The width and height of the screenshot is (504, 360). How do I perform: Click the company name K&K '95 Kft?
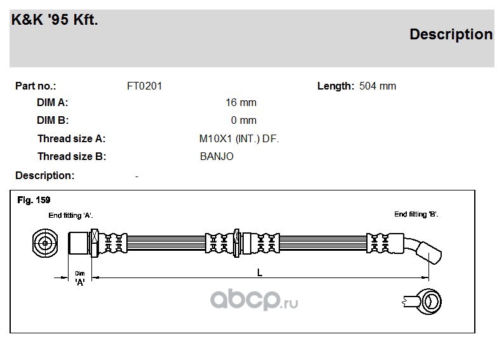pyautogui.click(x=55, y=20)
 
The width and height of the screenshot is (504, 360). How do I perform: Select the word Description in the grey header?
pyautogui.click(x=451, y=34)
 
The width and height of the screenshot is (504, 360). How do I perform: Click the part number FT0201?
pyautogui.click(x=144, y=86)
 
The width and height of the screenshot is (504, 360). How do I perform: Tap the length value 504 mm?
pyautogui.click(x=377, y=86)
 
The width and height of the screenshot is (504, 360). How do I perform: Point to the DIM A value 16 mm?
pyautogui.click(x=241, y=103)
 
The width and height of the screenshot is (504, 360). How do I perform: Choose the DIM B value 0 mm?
pyautogui.click(x=243, y=120)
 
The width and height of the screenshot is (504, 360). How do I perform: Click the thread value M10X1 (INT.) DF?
pyautogui.click(x=239, y=139)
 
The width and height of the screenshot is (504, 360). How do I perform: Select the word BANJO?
pyautogui.click(x=216, y=157)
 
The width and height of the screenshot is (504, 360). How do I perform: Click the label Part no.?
pyautogui.click(x=36, y=86)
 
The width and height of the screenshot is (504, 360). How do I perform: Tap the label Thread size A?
pyautogui.click(x=71, y=139)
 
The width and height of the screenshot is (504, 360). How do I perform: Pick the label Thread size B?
pyautogui.click(x=72, y=157)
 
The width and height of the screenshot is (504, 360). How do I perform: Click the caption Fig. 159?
pyautogui.click(x=34, y=200)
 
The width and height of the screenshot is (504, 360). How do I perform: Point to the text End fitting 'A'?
pyautogui.click(x=70, y=215)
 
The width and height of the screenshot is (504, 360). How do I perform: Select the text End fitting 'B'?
pyautogui.click(x=416, y=215)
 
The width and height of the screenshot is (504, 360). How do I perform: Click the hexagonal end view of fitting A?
pyautogui.click(x=45, y=243)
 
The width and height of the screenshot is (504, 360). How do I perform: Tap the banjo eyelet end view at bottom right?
pyautogui.click(x=422, y=302)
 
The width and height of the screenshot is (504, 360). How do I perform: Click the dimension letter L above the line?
pyautogui.click(x=260, y=273)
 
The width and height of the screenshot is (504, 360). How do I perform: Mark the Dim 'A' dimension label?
pyautogui.click(x=80, y=278)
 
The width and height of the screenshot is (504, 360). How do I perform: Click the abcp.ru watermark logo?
pyautogui.click(x=254, y=300)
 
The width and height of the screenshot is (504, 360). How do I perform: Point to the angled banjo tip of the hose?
pyautogui.click(x=429, y=253)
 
